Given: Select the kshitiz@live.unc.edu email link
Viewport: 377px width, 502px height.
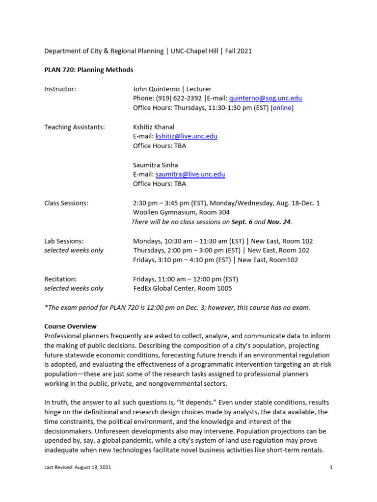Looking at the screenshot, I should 186,136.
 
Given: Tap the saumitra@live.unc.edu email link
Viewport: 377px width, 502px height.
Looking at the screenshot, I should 190,175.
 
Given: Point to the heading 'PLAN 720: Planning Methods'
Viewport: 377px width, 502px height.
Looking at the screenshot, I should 89,70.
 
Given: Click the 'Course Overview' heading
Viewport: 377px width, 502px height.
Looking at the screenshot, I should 70,326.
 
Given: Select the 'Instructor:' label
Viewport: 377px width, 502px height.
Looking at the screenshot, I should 60,89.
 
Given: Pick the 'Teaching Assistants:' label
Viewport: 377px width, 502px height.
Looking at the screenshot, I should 75,127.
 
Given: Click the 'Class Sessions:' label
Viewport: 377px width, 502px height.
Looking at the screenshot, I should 66,203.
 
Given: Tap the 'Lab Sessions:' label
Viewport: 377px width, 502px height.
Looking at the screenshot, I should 64,241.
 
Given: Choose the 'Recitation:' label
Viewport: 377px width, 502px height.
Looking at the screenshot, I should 60,279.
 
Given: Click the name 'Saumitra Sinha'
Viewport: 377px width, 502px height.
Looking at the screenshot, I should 156,165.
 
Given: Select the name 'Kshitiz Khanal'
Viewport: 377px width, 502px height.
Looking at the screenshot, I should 154,127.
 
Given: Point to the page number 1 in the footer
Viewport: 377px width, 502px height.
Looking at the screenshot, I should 331,468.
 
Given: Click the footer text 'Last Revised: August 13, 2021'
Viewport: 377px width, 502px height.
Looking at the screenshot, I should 78,468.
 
